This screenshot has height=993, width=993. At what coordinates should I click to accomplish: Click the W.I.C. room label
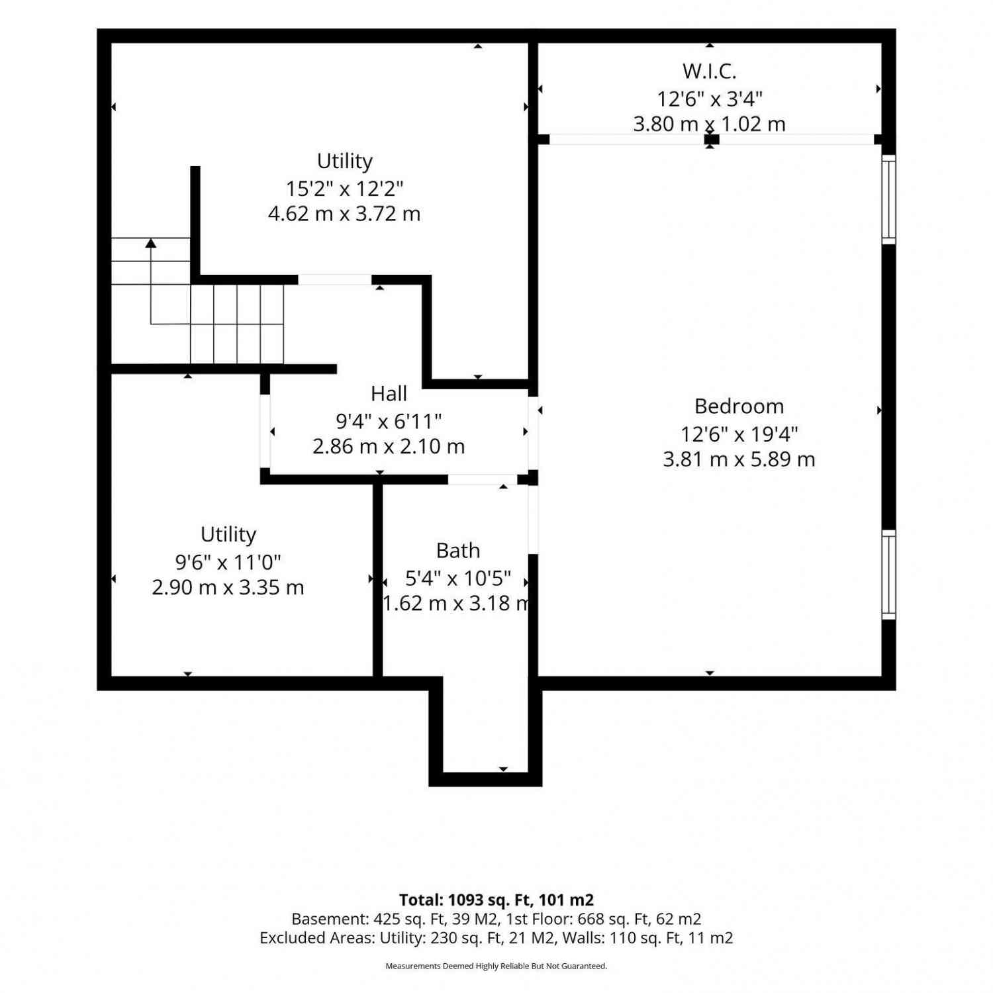[709, 71]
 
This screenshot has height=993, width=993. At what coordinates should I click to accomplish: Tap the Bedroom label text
[739, 406]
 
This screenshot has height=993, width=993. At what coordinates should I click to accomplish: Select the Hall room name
[389, 394]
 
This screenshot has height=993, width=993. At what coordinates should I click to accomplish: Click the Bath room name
[458, 550]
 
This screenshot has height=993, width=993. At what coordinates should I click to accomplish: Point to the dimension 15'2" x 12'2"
[344, 189]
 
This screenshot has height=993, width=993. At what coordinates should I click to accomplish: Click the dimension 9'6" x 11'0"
[228, 562]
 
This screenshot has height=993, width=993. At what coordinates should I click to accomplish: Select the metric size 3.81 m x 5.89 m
[739, 459]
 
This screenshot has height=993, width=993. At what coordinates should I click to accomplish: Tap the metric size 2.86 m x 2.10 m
[389, 446]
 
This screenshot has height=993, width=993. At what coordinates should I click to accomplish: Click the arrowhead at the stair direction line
[151, 243]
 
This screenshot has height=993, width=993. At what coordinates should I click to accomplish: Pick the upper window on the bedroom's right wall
[888, 199]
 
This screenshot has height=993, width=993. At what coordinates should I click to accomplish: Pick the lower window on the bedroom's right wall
[888, 575]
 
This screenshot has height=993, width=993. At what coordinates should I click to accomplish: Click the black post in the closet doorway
[712, 139]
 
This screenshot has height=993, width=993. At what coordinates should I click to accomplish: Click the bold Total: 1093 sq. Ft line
[496, 900]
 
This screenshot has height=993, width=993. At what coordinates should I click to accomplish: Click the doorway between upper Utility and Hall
[335, 279]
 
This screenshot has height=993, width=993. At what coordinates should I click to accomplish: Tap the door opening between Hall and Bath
[483, 479]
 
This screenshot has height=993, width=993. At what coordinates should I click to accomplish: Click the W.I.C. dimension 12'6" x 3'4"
[710, 99]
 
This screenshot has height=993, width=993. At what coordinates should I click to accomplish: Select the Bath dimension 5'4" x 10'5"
[458, 578]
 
